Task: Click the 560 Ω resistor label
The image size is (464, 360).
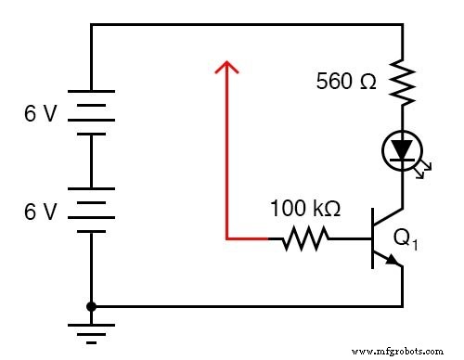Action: (346, 81)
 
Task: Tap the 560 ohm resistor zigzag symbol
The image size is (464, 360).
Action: (403, 81)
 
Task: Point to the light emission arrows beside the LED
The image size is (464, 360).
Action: (424, 169)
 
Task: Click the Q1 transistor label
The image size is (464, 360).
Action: (406, 239)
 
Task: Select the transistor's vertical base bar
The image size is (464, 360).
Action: (372, 239)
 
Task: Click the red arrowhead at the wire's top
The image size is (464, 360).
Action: (226, 67)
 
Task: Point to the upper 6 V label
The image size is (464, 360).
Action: (41, 115)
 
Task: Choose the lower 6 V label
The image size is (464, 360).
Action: (41, 212)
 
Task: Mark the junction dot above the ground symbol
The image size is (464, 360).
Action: (91, 305)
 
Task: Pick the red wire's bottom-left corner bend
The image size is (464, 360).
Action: (226, 239)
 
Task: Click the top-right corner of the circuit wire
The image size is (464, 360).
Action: (403, 25)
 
